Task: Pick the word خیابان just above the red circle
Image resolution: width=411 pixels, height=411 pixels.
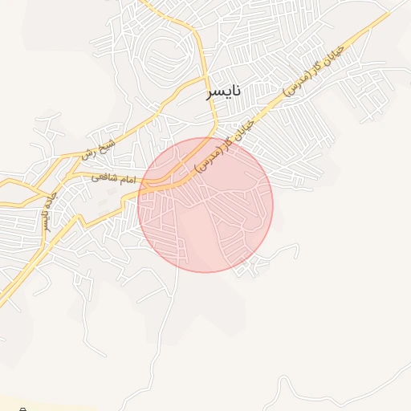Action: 246,129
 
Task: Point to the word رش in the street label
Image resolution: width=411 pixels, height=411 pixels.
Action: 87,153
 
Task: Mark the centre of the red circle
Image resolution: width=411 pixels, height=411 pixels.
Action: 205,205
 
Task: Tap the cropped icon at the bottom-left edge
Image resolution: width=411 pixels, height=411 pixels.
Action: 22,408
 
